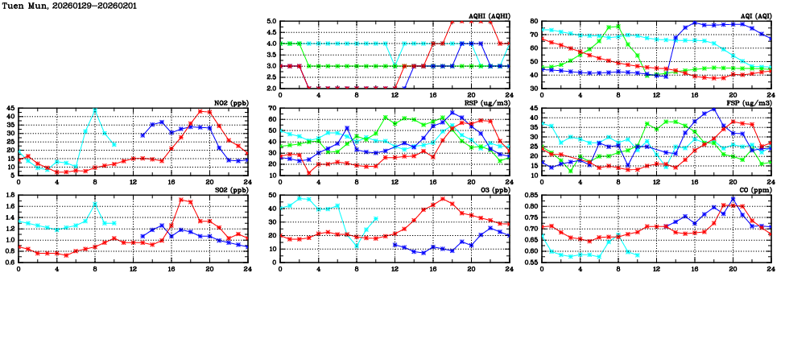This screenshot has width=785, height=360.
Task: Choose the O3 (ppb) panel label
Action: coord(496,190)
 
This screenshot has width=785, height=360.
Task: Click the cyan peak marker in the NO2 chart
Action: coord(95,110)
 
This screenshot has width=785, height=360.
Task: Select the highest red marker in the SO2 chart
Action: coord(181,200)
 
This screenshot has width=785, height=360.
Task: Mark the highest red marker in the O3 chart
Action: coord(443,199)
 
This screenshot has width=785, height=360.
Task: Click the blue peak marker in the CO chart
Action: coord(733,199)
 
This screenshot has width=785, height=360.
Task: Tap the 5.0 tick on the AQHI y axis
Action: coord(271,22)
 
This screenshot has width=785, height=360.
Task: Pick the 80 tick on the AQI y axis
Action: coord(535,22)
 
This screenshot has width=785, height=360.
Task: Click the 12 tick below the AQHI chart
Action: coord(395,94)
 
